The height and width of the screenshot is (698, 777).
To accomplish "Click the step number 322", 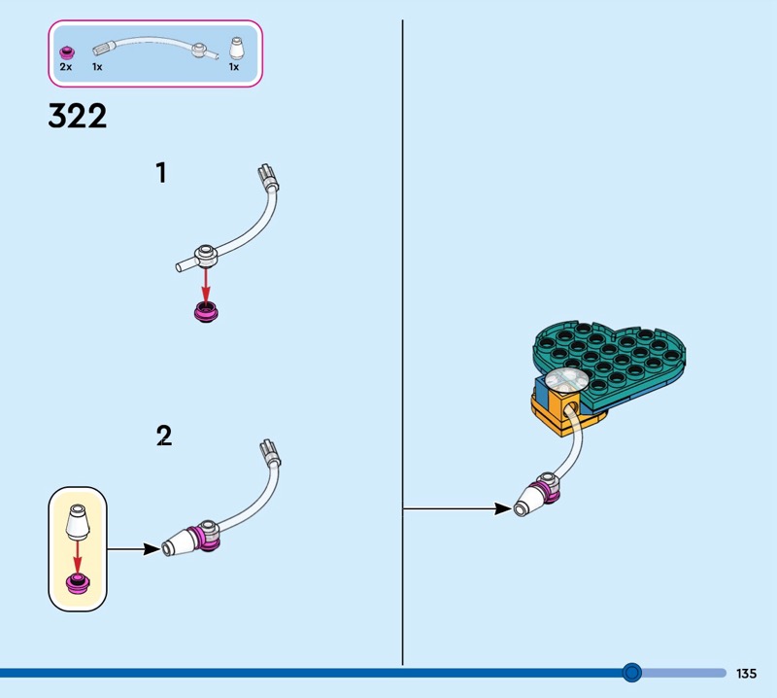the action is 78,116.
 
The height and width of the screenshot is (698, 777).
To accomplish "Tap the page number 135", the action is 746,673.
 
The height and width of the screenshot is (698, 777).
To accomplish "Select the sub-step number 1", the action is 161,173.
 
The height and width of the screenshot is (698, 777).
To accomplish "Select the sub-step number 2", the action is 164,436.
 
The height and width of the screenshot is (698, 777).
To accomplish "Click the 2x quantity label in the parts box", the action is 65,66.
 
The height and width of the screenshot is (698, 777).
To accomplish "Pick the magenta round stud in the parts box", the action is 67,52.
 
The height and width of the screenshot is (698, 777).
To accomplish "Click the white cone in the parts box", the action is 236,49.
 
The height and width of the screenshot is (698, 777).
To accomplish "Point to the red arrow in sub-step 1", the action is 206,285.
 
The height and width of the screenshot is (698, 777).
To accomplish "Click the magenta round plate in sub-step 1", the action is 206,312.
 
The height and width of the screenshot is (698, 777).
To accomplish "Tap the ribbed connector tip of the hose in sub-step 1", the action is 268,178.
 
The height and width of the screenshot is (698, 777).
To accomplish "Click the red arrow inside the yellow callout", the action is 77,558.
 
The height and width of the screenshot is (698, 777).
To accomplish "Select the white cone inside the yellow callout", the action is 78,522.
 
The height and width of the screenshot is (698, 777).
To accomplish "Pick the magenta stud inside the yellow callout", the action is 78,583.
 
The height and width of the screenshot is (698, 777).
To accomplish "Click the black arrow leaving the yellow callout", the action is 134,549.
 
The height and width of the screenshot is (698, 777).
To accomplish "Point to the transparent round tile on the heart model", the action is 568,381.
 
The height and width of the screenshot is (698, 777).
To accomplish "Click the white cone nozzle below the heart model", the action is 530,501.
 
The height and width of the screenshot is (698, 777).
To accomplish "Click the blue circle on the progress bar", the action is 632,673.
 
